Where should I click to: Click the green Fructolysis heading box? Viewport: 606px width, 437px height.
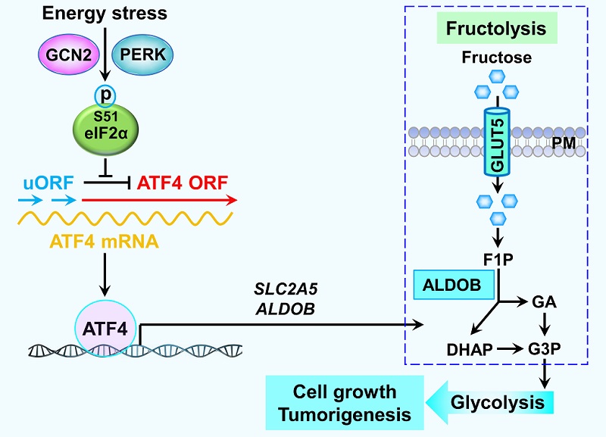[496, 30]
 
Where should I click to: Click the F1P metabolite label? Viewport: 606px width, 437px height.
[498, 259]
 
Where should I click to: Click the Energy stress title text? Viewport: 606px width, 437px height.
[104, 13]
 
